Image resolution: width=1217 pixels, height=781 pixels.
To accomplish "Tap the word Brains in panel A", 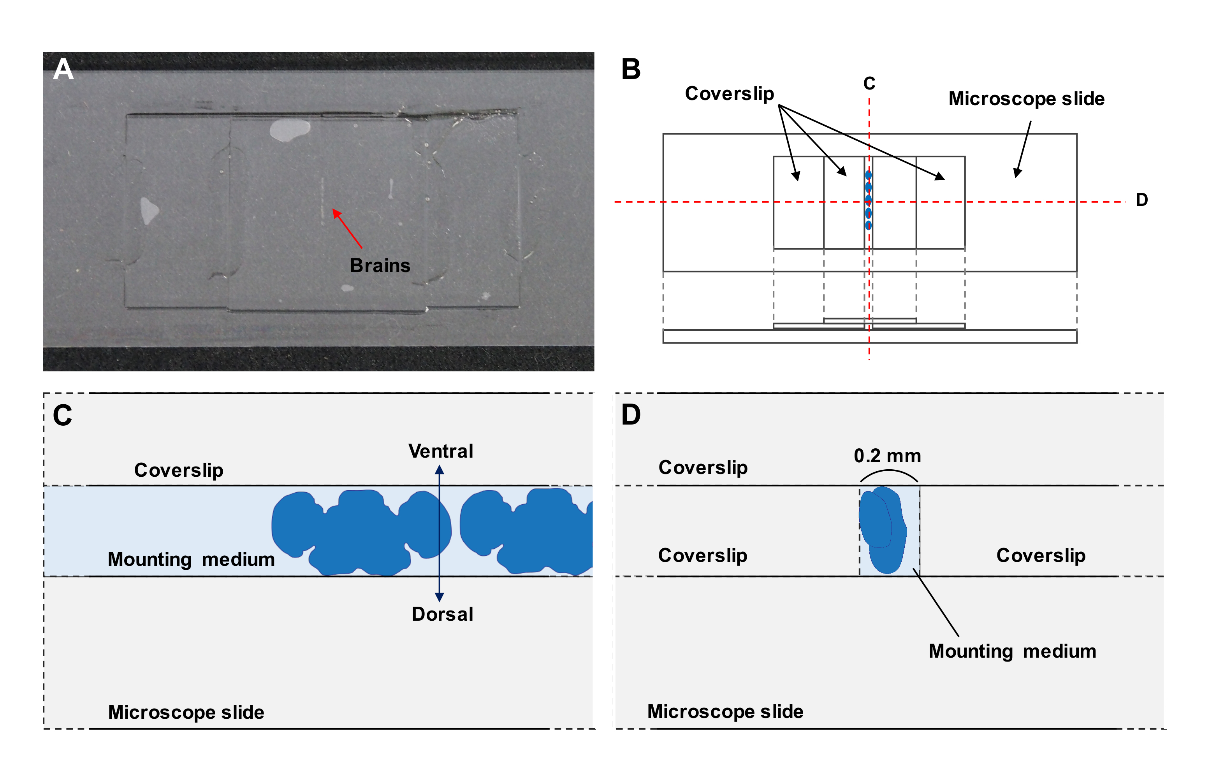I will click(380, 265).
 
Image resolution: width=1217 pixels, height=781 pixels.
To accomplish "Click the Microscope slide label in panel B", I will click(1026, 98).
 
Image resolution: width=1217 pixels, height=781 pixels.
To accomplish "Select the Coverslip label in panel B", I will click(729, 93).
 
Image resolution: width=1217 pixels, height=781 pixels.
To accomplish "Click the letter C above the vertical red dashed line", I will click(869, 83).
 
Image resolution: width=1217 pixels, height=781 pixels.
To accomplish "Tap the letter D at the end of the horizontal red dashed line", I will click(1141, 200).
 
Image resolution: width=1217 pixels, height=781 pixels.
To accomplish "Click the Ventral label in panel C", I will click(440, 451).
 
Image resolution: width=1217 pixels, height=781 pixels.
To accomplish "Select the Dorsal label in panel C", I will click(442, 614).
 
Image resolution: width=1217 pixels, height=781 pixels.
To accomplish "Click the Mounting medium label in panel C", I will click(191, 559).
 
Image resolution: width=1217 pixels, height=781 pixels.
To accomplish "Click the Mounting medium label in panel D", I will click(1012, 651).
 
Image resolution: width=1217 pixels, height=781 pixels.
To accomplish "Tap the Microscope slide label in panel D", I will click(725, 711).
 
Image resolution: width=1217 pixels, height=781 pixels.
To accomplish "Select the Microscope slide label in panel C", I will click(186, 712).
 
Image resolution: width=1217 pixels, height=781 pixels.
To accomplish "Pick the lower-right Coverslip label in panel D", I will click(1041, 555).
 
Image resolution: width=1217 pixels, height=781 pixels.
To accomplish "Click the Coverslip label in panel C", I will click(179, 470).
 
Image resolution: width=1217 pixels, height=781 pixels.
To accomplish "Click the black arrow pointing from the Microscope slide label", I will click(1023, 149).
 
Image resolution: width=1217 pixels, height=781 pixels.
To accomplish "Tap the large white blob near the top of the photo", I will click(289, 129).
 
